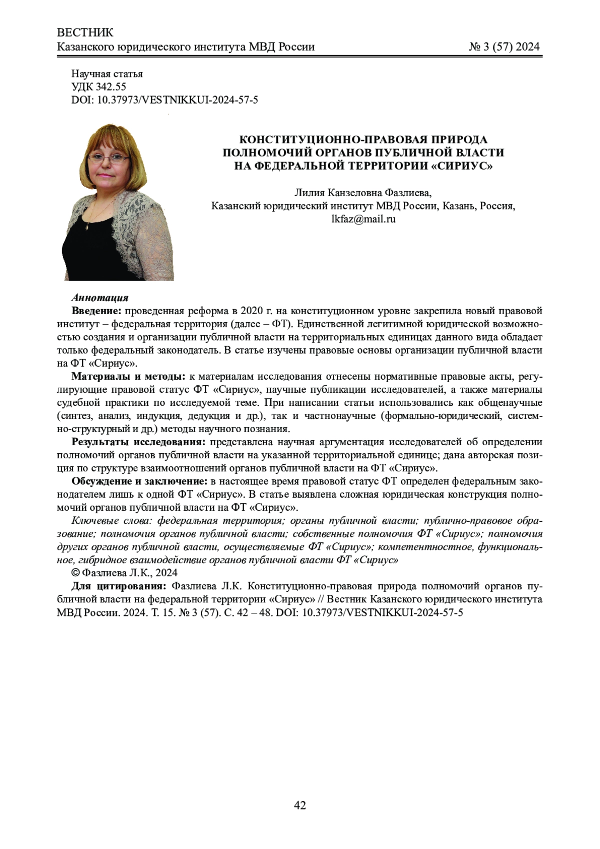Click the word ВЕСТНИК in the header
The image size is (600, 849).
point(85,33)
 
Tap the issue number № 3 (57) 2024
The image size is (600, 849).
point(504,47)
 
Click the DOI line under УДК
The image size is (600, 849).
point(164,100)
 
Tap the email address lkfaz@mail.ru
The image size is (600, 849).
point(363,219)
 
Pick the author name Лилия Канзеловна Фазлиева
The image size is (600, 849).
point(363,193)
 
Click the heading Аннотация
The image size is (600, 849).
point(100,298)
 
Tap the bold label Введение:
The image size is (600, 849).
point(96,311)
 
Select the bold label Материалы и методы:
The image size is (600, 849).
point(128,376)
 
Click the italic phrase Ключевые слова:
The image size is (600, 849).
point(112,520)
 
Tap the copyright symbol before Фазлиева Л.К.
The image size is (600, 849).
point(76,573)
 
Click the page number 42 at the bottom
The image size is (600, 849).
point(300,805)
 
